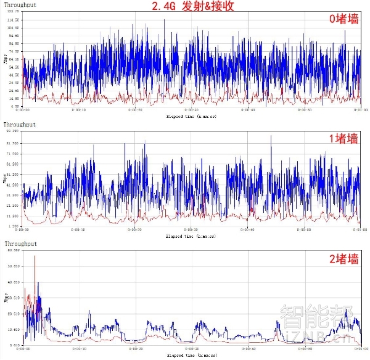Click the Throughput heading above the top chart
(20, 5)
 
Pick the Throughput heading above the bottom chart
(20, 245)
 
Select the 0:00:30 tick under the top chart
(192, 111)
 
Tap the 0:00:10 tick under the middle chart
(78, 230)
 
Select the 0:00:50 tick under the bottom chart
(303, 350)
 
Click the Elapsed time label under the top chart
(191, 116)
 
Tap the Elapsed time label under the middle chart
(191, 236)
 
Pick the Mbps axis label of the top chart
(6, 61)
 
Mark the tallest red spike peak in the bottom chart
(35, 256)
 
